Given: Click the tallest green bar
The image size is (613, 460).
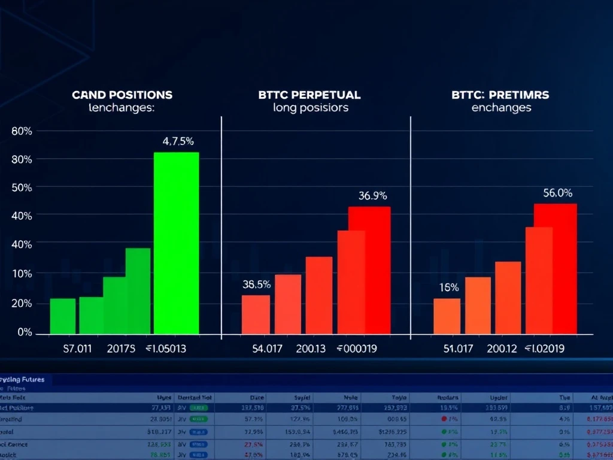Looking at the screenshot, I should point(176,243).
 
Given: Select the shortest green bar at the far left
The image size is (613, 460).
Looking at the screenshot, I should point(63,316).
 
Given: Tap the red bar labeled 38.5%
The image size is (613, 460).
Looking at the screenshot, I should point(256,314).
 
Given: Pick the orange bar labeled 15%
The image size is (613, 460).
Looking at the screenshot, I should point(447,316).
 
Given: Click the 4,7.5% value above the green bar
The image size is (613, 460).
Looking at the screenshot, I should point(178,142).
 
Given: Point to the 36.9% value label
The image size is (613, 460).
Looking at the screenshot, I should point(372,195).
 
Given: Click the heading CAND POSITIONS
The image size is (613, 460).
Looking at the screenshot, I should point(122,95).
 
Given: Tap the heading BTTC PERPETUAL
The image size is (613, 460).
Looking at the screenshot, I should point(309,95).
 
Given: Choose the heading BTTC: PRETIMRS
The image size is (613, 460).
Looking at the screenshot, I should point(501,95).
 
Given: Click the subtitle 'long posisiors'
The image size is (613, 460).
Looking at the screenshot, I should point(310,108).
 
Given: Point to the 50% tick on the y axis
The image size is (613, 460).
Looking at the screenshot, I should point(22,187).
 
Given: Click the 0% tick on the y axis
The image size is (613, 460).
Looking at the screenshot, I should point(25,332).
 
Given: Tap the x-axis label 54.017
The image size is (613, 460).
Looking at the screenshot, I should point(267,349).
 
